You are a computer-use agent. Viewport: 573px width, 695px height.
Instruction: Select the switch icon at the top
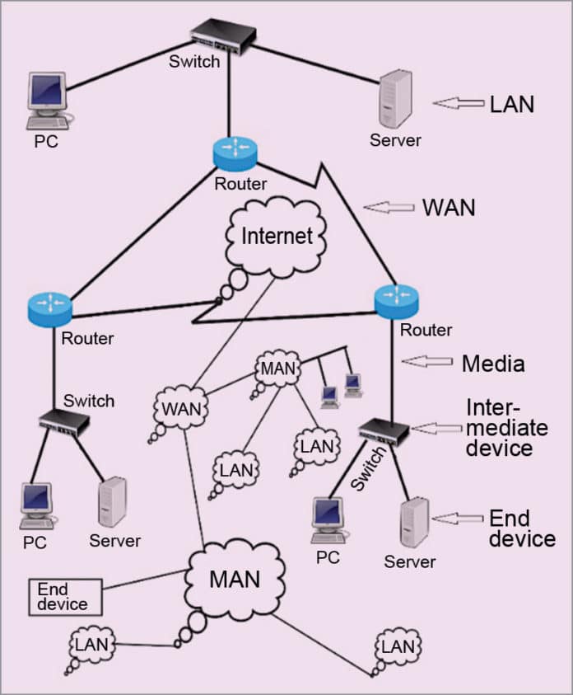223,35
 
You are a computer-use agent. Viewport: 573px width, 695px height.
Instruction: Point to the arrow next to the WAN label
389,207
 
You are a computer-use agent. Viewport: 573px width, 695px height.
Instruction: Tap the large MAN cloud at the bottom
235,580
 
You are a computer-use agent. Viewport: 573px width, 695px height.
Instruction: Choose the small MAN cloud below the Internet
277,368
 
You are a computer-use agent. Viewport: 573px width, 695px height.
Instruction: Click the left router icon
49,307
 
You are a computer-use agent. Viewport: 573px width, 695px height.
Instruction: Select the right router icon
396,301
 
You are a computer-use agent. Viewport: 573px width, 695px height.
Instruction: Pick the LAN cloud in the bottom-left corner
91,644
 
